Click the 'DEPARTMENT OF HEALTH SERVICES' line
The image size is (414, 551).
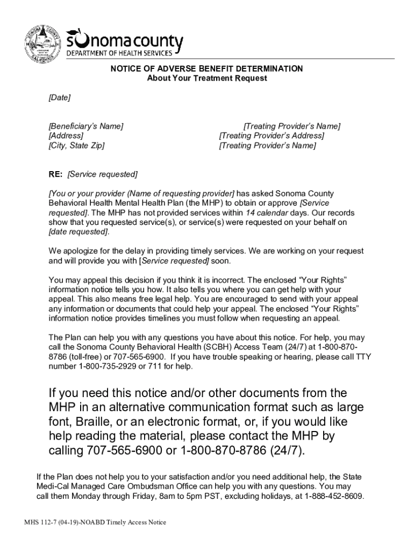click(x=119, y=53)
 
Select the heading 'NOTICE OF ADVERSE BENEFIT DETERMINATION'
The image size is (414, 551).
click(x=207, y=69)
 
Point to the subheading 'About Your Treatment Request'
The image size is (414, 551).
click(x=207, y=78)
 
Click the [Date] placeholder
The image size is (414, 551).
click(x=59, y=97)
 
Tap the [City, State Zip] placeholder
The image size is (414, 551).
click(x=76, y=145)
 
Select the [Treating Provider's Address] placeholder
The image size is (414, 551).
click(x=272, y=136)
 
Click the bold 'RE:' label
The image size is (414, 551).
click(x=55, y=174)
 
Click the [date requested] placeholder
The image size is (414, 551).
click(x=78, y=232)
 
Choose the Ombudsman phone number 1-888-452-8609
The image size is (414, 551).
click(x=333, y=496)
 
